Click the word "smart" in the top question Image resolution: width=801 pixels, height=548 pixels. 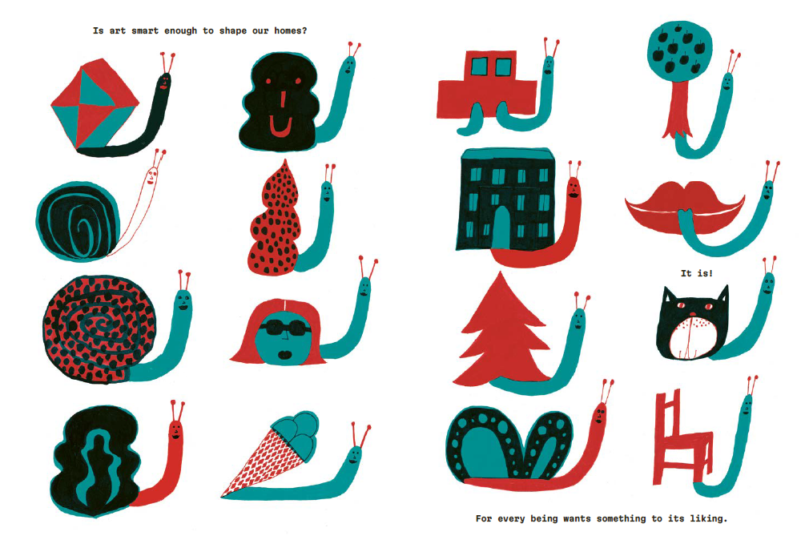(145, 30)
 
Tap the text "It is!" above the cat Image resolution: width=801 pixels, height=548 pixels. (696, 273)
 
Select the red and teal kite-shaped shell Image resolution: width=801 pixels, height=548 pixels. (95, 104)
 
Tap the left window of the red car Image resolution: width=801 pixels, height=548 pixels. (479, 66)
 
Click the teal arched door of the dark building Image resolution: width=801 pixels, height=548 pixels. (501, 228)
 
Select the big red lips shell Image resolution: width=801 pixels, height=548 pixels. (685, 207)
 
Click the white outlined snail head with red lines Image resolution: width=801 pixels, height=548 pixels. (151, 175)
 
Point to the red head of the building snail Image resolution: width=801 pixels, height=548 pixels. (574, 187)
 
